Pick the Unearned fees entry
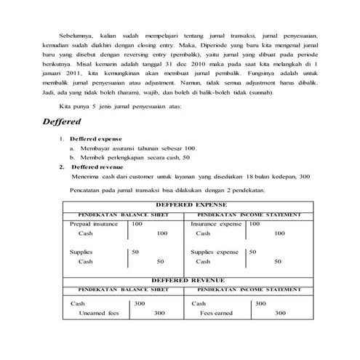(x=98, y=313)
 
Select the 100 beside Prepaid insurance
(x=137, y=225)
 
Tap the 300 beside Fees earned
(x=280, y=313)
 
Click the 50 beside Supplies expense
(x=253, y=252)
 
